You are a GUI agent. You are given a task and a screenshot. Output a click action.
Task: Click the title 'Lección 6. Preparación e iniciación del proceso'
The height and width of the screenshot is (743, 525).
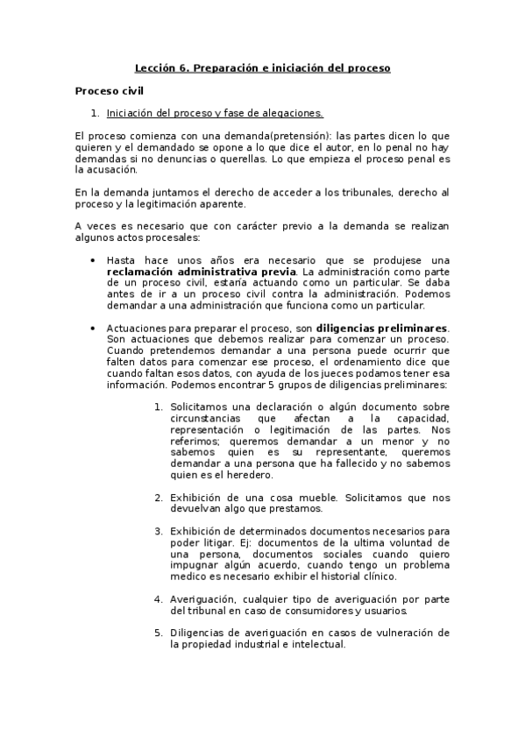tap(262, 67)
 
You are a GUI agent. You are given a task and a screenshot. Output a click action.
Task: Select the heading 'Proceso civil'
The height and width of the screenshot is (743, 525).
tap(110, 90)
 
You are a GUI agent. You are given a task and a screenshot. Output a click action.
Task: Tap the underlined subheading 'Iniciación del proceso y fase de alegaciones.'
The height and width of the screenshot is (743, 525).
tap(215, 113)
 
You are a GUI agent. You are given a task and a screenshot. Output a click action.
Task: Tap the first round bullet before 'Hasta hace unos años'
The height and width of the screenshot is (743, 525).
tap(93, 260)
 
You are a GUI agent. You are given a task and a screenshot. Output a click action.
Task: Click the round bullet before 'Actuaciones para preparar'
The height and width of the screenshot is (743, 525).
tap(93, 328)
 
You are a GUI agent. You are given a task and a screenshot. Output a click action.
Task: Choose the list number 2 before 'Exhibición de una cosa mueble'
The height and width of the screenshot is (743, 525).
tap(158, 498)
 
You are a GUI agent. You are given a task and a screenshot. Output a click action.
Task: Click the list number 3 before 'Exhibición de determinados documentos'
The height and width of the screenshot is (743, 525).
tap(158, 531)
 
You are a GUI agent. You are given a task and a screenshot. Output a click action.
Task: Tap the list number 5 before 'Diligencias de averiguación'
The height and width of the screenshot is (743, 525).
tap(158, 633)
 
